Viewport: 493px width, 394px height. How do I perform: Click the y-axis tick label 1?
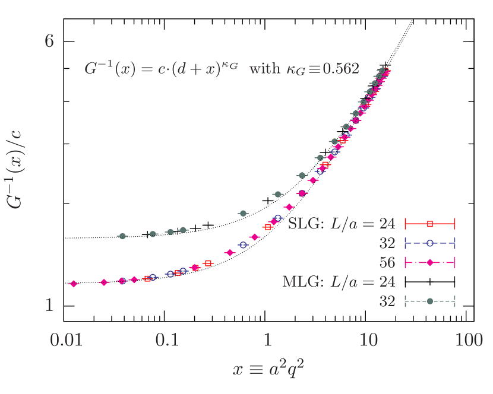tap(49, 306)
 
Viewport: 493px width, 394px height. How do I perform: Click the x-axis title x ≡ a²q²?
tap(269, 369)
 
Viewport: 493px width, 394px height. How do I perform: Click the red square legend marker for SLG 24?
tap(430, 224)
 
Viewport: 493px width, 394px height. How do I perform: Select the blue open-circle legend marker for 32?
tap(430, 243)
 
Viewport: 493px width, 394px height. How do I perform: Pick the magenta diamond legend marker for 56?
tap(430, 262)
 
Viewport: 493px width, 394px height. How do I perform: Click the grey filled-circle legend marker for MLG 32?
tap(430, 301)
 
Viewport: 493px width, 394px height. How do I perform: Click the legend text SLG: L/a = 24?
tap(342, 224)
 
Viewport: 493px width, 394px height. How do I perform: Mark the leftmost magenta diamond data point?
tap(74, 284)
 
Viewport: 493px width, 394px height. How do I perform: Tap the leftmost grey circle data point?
tap(122, 236)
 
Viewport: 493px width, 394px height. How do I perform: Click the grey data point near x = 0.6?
tap(243, 213)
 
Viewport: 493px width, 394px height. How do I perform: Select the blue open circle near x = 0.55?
tap(242, 244)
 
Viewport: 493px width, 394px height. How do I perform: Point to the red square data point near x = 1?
tap(268, 227)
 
